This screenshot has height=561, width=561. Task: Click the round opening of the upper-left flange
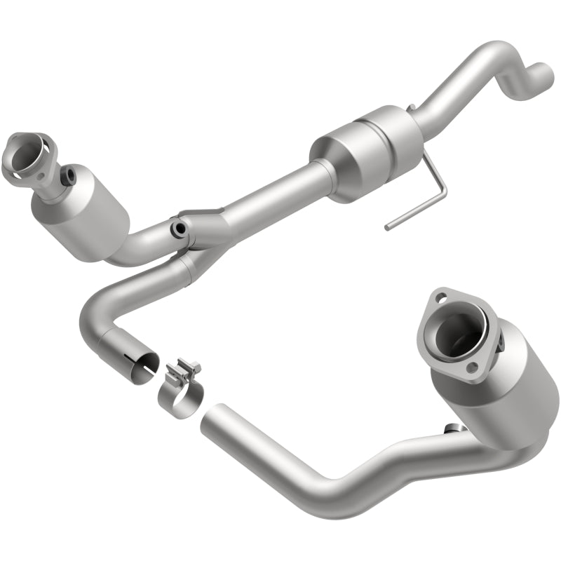pyautogui.click(x=27, y=154)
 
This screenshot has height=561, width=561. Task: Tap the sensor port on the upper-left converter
pyautogui.click(x=69, y=176)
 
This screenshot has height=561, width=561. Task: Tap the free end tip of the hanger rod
pyautogui.click(x=388, y=227)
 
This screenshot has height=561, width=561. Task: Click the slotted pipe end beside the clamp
pyautogui.click(x=138, y=363)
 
